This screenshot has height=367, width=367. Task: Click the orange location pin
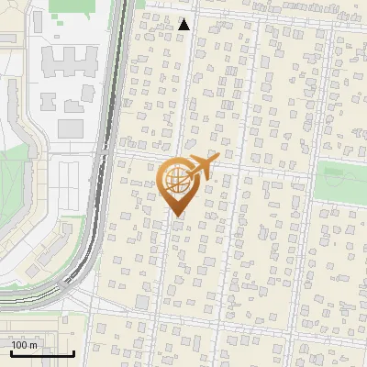[176, 183]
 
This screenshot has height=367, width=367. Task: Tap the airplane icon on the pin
[202, 167]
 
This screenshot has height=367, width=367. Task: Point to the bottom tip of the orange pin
[176, 216]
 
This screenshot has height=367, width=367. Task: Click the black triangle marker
[184, 25]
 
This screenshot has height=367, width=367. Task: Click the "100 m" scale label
[25, 345]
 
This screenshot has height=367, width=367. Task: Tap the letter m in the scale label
[33, 345]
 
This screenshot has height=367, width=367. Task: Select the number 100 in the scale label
[20, 345]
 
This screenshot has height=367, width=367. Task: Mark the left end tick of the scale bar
[11, 351]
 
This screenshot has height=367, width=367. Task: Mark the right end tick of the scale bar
[72, 351]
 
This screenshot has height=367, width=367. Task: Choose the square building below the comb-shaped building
[70, 128]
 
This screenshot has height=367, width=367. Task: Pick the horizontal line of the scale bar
[41, 354]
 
